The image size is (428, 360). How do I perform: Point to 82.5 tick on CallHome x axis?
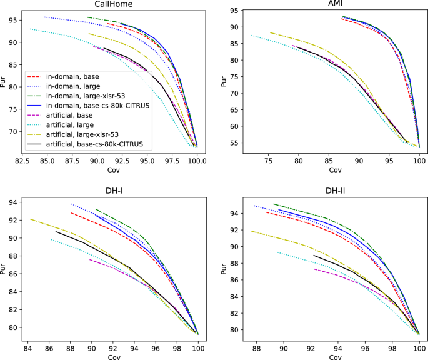coord(22,161)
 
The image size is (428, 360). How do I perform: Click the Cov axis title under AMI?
coord(334,169)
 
